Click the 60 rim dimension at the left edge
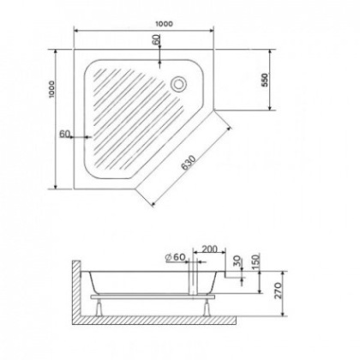click(x=66, y=134)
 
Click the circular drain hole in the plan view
click(x=180, y=84)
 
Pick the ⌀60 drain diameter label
click(x=176, y=255)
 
